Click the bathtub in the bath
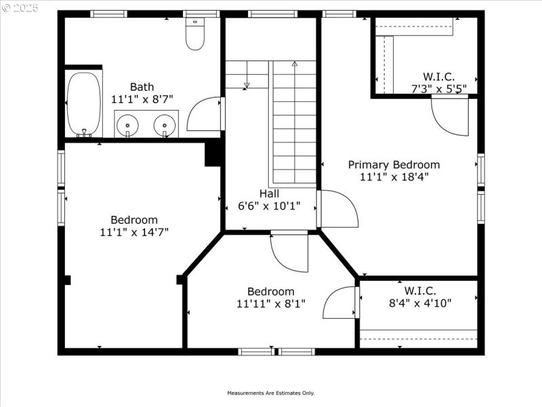[x=84, y=103]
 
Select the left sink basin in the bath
[x=125, y=125]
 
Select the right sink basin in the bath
[x=164, y=125]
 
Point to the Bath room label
[x=142, y=87]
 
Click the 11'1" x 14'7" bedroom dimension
[x=134, y=232]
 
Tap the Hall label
[x=269, y=193]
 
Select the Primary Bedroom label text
[x=394, y=164]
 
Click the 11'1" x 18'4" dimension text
[x=394, y=176]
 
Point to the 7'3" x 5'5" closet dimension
[x=438, y=88]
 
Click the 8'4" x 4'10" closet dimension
[x=419, y=303]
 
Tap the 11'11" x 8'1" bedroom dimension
[x=271, y=304]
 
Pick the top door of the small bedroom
[x=288, y=252]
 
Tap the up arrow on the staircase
[x=294, y=64]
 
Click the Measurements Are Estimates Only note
[x=270, y=393]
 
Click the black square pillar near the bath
[x=213, y=153]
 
